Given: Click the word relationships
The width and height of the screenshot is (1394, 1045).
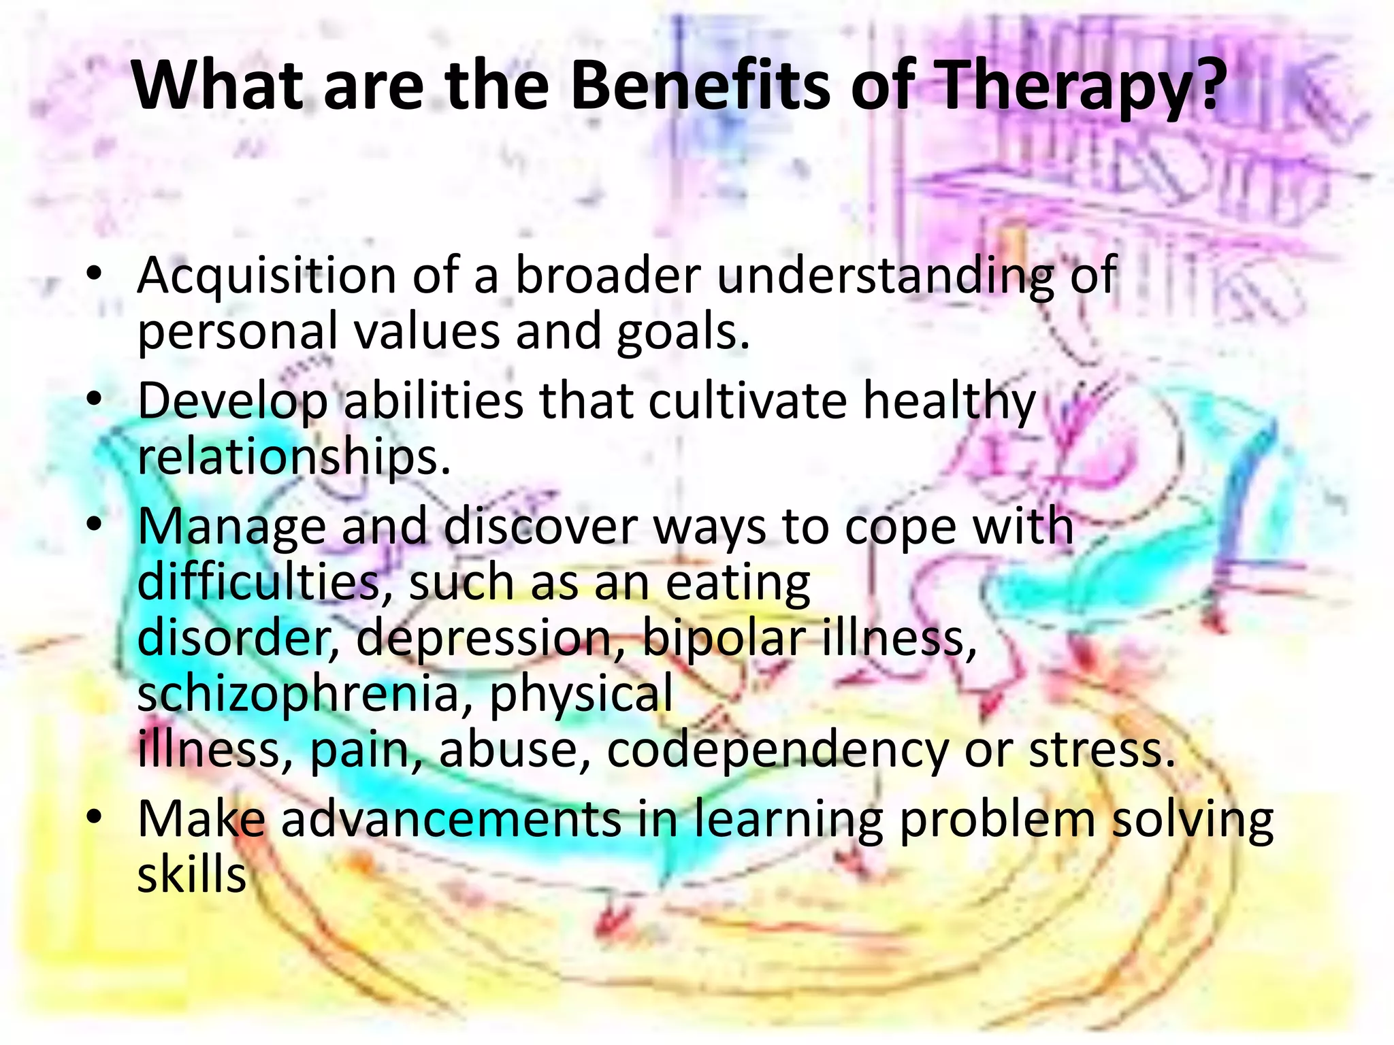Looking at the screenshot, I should coord(293,458).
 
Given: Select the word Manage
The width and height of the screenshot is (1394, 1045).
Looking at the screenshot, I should coord(231,527).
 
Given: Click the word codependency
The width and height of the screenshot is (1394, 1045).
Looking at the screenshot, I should coord(776,750).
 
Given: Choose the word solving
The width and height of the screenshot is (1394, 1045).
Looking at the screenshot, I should coord(1192,820).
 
